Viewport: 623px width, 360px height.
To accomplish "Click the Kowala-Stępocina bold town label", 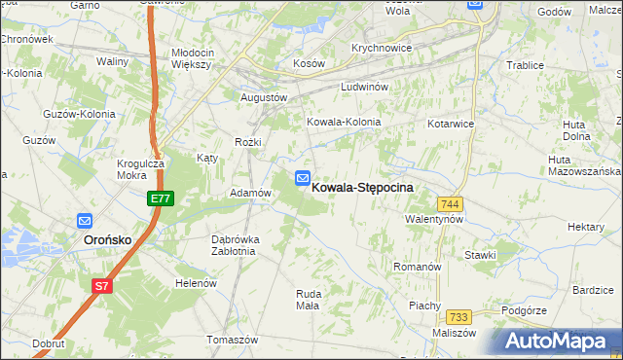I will tap(362, 187).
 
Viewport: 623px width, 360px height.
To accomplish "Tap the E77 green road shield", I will tap(161, 198).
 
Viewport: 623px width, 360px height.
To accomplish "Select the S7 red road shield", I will tap(102, 286).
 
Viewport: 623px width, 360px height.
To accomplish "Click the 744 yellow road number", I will tap(450, 203).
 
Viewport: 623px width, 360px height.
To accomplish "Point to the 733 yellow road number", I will tap(459, 317).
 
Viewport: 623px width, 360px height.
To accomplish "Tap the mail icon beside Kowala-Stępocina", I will tap(303, 179).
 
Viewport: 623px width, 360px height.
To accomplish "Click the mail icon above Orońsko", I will tap(85, 221).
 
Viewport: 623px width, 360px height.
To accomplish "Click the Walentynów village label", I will tap(434, 220).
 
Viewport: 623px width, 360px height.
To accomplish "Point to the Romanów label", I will tap(418, 267).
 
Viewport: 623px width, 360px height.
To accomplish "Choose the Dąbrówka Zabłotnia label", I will tap(233, 245).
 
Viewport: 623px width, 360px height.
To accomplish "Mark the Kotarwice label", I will tap(451, 125).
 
